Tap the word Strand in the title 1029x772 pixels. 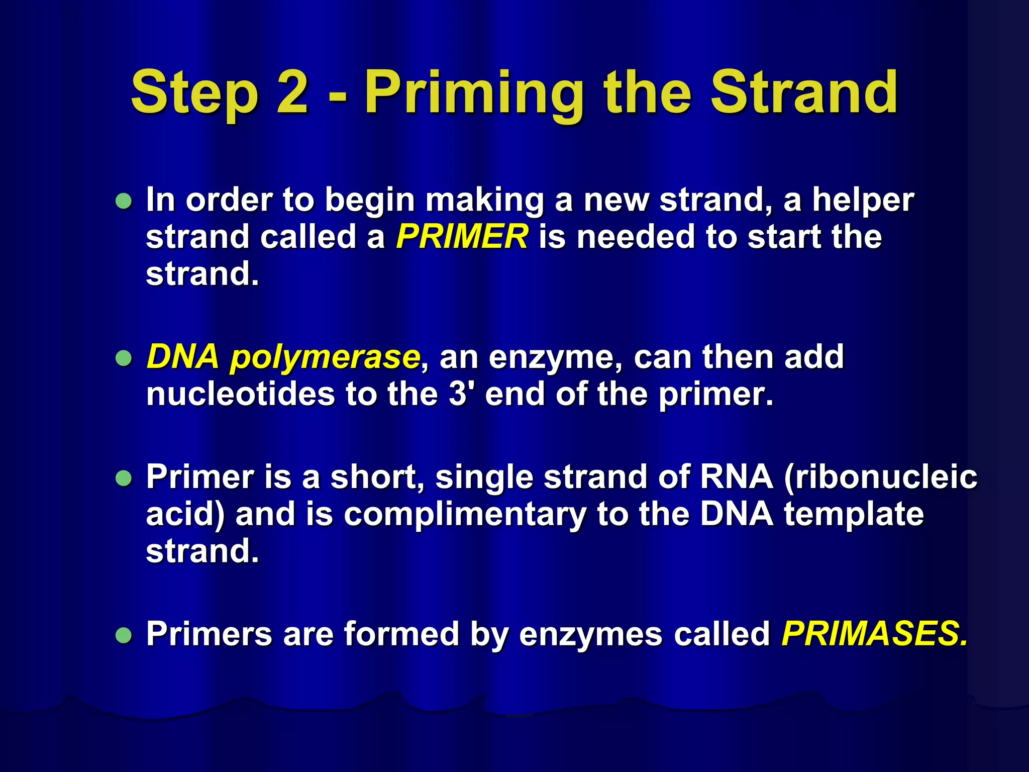[804, 92]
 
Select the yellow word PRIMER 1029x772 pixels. [462, 237]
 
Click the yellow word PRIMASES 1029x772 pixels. [874, 633]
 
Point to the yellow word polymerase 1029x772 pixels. [325, 358]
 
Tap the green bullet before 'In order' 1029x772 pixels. [124, 202]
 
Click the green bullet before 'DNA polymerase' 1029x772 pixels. [124, 358]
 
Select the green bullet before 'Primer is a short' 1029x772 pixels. [124, 478]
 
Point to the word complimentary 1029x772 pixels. [465, 516]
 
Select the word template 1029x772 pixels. [854, 515]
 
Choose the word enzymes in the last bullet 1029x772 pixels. [590, 634]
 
